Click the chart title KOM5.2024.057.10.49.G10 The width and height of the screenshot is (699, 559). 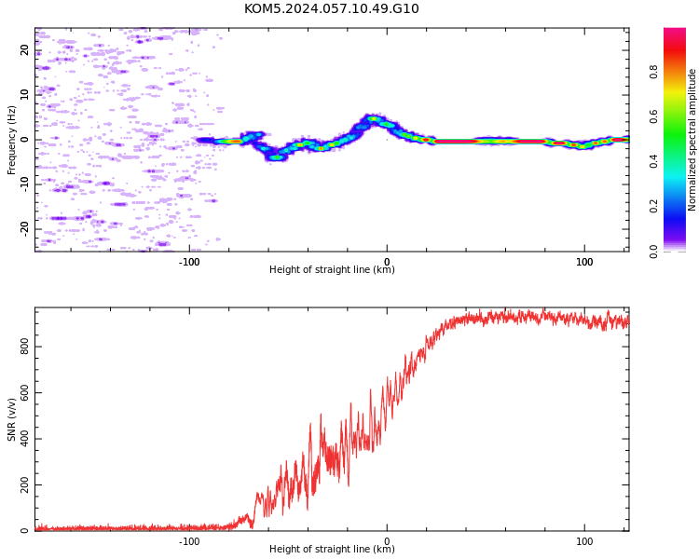point(331,8)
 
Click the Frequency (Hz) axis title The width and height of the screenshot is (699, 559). point(11,140)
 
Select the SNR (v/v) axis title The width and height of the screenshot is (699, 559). point(11,419)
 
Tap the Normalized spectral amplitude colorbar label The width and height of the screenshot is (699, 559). point(692,140)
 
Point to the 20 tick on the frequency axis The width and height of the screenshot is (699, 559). point(24,49)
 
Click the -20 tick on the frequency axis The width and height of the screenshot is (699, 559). point(24,229)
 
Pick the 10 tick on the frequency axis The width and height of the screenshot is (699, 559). point(24,94)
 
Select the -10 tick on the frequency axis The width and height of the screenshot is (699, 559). point(24,184)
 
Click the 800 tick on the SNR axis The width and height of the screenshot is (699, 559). point(24,347)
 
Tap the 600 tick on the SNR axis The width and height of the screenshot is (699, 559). point(24,392)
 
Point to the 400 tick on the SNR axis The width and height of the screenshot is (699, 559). point(24,439)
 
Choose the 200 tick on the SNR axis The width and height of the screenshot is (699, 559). point(24,484)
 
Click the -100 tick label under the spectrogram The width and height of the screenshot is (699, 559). point(189,262)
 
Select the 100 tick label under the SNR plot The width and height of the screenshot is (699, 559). point(584,541)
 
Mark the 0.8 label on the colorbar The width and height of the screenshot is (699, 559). point(653,72)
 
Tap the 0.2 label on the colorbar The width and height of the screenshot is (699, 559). point(653,207)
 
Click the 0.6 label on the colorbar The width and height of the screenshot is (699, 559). point(653,116)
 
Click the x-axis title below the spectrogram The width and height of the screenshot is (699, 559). point(332,269)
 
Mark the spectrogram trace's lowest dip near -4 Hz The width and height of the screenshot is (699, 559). point(277,157)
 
